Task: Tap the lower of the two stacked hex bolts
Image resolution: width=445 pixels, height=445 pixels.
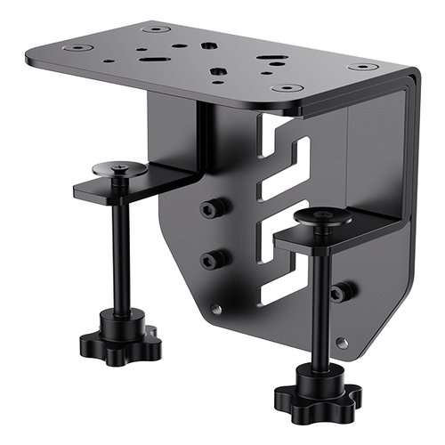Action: tap(212, 260)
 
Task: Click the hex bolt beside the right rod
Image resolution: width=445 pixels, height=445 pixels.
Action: tap(339, 292)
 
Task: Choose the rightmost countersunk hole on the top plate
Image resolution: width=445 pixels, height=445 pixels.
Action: tap(361, 67)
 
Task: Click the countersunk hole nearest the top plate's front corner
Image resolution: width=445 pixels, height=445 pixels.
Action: tap(287, 88)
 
